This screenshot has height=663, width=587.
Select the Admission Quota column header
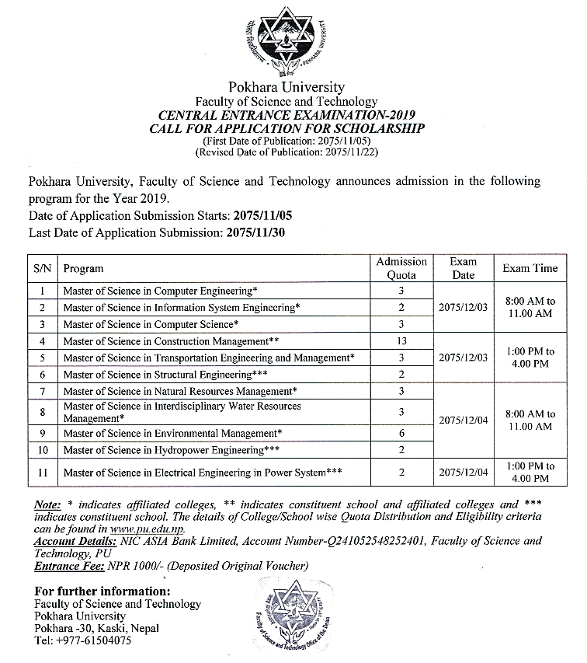click(401, 268)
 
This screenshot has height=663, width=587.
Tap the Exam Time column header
click(530, 268)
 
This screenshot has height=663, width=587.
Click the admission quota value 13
click(401, 341)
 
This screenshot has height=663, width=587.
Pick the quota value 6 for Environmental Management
click(401, 433)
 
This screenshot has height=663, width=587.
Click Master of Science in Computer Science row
click(151, 324)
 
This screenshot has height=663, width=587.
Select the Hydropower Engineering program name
click(171, 450)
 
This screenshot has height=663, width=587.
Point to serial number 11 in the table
click(43, 472)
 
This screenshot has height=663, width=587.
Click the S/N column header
click(43, 268)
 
